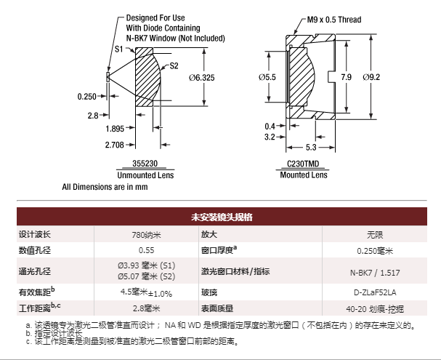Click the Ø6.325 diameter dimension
202,77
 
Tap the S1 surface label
119,49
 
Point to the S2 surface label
174,66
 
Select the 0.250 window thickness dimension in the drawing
87,97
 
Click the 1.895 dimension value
115,129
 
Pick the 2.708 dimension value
115,145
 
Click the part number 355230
145,163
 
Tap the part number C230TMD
303,164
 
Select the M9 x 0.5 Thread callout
334,20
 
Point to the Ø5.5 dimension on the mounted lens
267,77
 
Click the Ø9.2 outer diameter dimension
371,77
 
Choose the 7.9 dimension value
347,77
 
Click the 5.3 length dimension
311,147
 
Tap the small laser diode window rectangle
108,77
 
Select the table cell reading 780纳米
146,234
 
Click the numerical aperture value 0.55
146,250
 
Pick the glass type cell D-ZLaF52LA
375,292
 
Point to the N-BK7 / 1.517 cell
375,273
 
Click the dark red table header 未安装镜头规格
222,217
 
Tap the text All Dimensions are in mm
105,187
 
